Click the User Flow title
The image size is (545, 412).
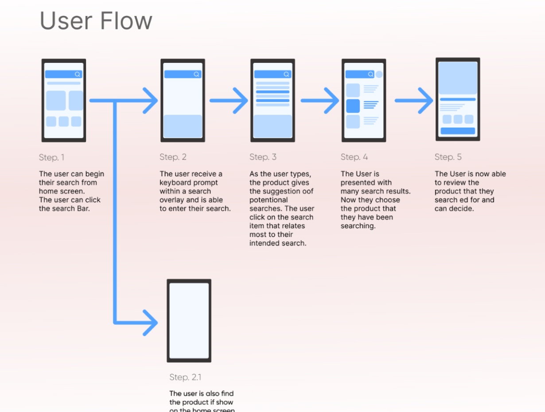[x=96, y=21]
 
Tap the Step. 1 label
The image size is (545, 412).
[x=51, y=157]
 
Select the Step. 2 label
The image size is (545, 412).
[x=173, y=157]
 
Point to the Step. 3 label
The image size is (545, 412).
[x=263, y=157]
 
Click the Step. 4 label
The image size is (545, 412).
[x=354, y=157]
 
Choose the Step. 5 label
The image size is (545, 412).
[x=448, y=157]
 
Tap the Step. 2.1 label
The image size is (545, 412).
[x=185, y=377]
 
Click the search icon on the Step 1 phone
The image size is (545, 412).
[x=78, y=74]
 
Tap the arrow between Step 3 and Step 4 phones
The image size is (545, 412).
[x=319, y=101]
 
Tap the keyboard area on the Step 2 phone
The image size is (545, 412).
[x=183, y=126]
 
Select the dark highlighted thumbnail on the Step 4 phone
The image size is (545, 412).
[x=353, y=106]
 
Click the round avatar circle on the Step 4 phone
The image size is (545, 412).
[x=379, y=74]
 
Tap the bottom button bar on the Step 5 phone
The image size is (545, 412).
[x=458, y=131]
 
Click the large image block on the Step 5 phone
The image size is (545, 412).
[x=458, y=78]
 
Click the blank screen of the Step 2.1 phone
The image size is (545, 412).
[x=189, y=320]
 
